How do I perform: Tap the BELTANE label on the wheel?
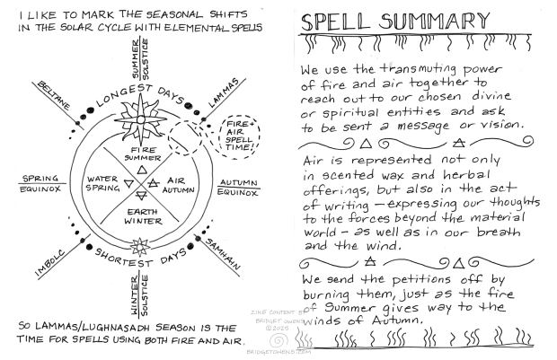coord(52,92)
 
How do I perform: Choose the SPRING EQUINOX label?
coord(40,183)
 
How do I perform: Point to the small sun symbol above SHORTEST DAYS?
coord(139,245)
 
